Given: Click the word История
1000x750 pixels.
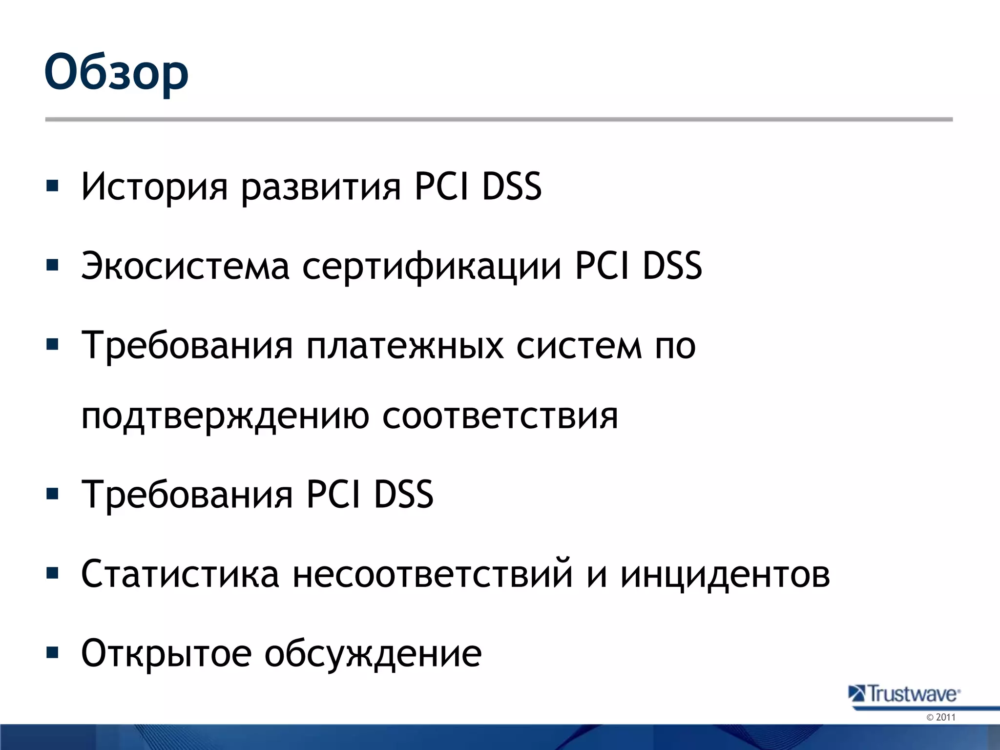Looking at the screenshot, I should pyautogui.click(x=154, y=187).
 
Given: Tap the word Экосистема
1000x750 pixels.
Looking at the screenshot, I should pyautogui.click(x=186, y=266).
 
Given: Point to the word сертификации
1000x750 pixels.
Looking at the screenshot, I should pyautogui.click(x=432, y=267).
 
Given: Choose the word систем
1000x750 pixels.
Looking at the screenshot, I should pyautogui.click(x=579, y=346).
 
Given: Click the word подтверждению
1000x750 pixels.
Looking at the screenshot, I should pyautogui.click(x=225, y=417).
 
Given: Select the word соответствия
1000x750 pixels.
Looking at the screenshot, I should pyautogui.click(x=500, y=416).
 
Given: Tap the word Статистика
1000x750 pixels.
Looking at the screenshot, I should pyautogui.click(x=180, y=574).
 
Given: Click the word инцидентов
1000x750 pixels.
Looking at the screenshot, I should pyautogui.click(x=725, y=575).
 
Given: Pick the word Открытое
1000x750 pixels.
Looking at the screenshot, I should pyautogui.click(x=166, y=653).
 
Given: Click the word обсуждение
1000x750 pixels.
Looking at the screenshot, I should pyautogui.click(x=373, y=654).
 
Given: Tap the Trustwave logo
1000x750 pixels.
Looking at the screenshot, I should pyautogui.click(x=905, y=694).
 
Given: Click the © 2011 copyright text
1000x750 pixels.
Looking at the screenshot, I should pyautogui.click(x=940, y=717).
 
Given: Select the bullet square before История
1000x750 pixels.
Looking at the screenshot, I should pyautogui.click(x=52, y=186).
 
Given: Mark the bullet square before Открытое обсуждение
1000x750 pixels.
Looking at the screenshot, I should pyautogui.click(x=52, y=652).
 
